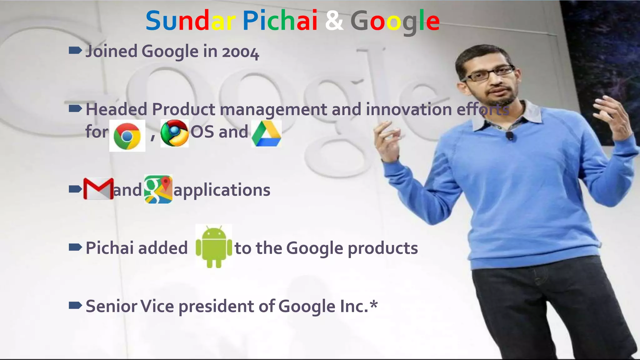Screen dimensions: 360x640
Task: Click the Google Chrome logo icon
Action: click(x=127, y=136)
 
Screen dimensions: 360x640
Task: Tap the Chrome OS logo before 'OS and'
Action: click(x=174, y=133)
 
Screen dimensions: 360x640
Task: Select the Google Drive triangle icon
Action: click(x=266, y=134)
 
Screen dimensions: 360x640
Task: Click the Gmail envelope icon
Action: click(x=98, y=189)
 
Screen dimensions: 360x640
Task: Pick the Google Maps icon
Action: click(x=158, y=189)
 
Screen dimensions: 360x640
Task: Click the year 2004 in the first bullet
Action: click(x=240, y=52)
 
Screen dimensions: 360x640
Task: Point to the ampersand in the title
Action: click(x=334, y=21)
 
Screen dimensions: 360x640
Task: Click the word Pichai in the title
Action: click(x=280, y=21)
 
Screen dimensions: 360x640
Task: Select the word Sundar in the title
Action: click(x=191, y=21)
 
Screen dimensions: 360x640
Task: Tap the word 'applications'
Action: click(x=222, y=190)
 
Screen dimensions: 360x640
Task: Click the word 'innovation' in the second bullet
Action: click(x=409, y=109)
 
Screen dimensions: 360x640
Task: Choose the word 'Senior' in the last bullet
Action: click(x=111, y=306)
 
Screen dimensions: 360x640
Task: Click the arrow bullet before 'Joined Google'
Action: click(x=75, y=50)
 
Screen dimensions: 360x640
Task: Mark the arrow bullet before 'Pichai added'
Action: click(x=75, y=247)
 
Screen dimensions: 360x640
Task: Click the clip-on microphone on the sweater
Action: click(x=510, y=136)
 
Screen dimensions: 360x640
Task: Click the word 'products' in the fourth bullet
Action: click(x=383, y=249)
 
